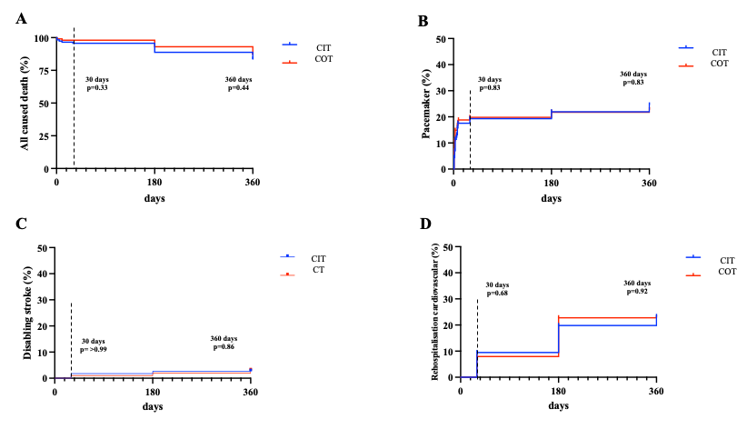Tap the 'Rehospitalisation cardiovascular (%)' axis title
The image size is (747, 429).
coord(434,311)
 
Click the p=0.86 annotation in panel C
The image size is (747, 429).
coord(223,347)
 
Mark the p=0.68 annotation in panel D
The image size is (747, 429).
coord(498,293)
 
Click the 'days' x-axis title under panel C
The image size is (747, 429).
coord(153,406)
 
